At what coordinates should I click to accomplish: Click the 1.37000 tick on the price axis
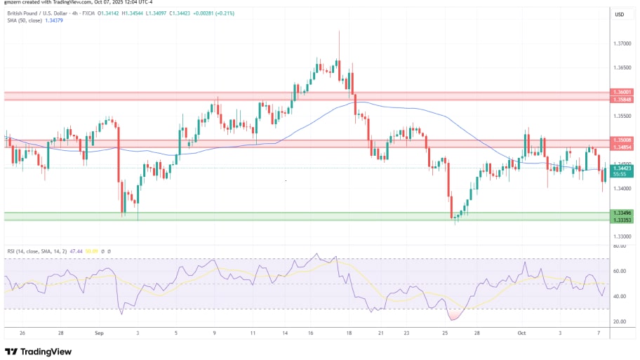tap(620, 44)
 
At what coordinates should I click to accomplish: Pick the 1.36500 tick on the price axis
tap(620, 68)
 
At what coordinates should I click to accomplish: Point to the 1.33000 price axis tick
tap(620, 236)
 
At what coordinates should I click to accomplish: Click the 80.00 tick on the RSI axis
tap(619, 246)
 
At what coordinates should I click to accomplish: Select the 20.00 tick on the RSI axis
tap(619, 321)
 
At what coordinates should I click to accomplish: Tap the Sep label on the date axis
tap(98, 333)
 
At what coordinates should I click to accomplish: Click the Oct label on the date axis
tap(521, 333)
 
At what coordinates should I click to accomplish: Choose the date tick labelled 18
tap(349, 333)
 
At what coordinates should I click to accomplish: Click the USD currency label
tap(620, 14)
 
